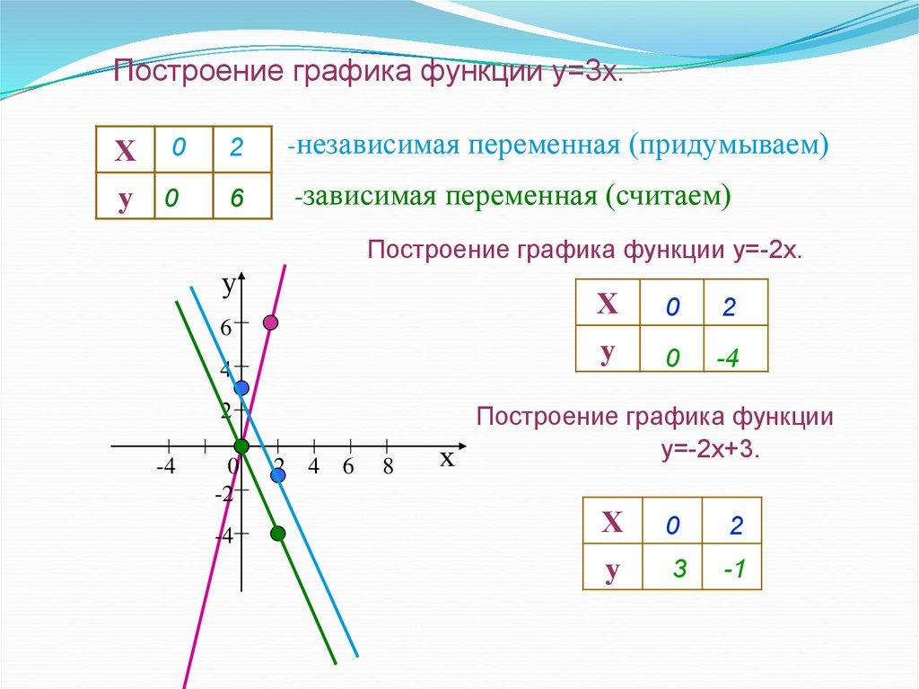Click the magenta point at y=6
(x=270, y=322)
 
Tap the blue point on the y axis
(x=241, y=388)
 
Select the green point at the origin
(x=241, y=446)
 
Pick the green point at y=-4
(x=278, y=534)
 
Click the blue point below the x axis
(x=278, y=475)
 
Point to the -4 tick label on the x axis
(x=166, y=466)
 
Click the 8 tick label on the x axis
(x=388, y=466)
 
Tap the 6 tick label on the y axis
(x=225, y=328)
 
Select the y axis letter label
(x=229, y=286)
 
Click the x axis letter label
(x=447, y=458)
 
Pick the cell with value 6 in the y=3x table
(x=242, y=196)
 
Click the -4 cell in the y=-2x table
(x=736, y=349)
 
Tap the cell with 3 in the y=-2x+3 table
(x=672, y=566)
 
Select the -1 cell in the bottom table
(x=732, y=566)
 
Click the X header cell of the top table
(x=125, y=150)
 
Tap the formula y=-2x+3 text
(x=711, y=450)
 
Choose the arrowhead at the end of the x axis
(x=462, y=446)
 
